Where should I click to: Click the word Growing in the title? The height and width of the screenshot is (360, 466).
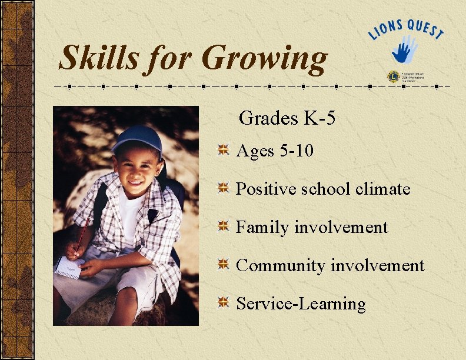coord(264,59)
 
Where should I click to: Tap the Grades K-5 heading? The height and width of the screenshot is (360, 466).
coord(287,118)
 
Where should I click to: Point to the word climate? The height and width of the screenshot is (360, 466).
coord(382,189)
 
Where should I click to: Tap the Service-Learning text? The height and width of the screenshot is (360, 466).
coord(301,304)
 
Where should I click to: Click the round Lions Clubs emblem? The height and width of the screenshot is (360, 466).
coord(392,76)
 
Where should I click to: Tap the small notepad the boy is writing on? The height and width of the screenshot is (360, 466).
coord(68,266)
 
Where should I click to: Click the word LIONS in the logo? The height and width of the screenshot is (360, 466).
coord(386,28)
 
